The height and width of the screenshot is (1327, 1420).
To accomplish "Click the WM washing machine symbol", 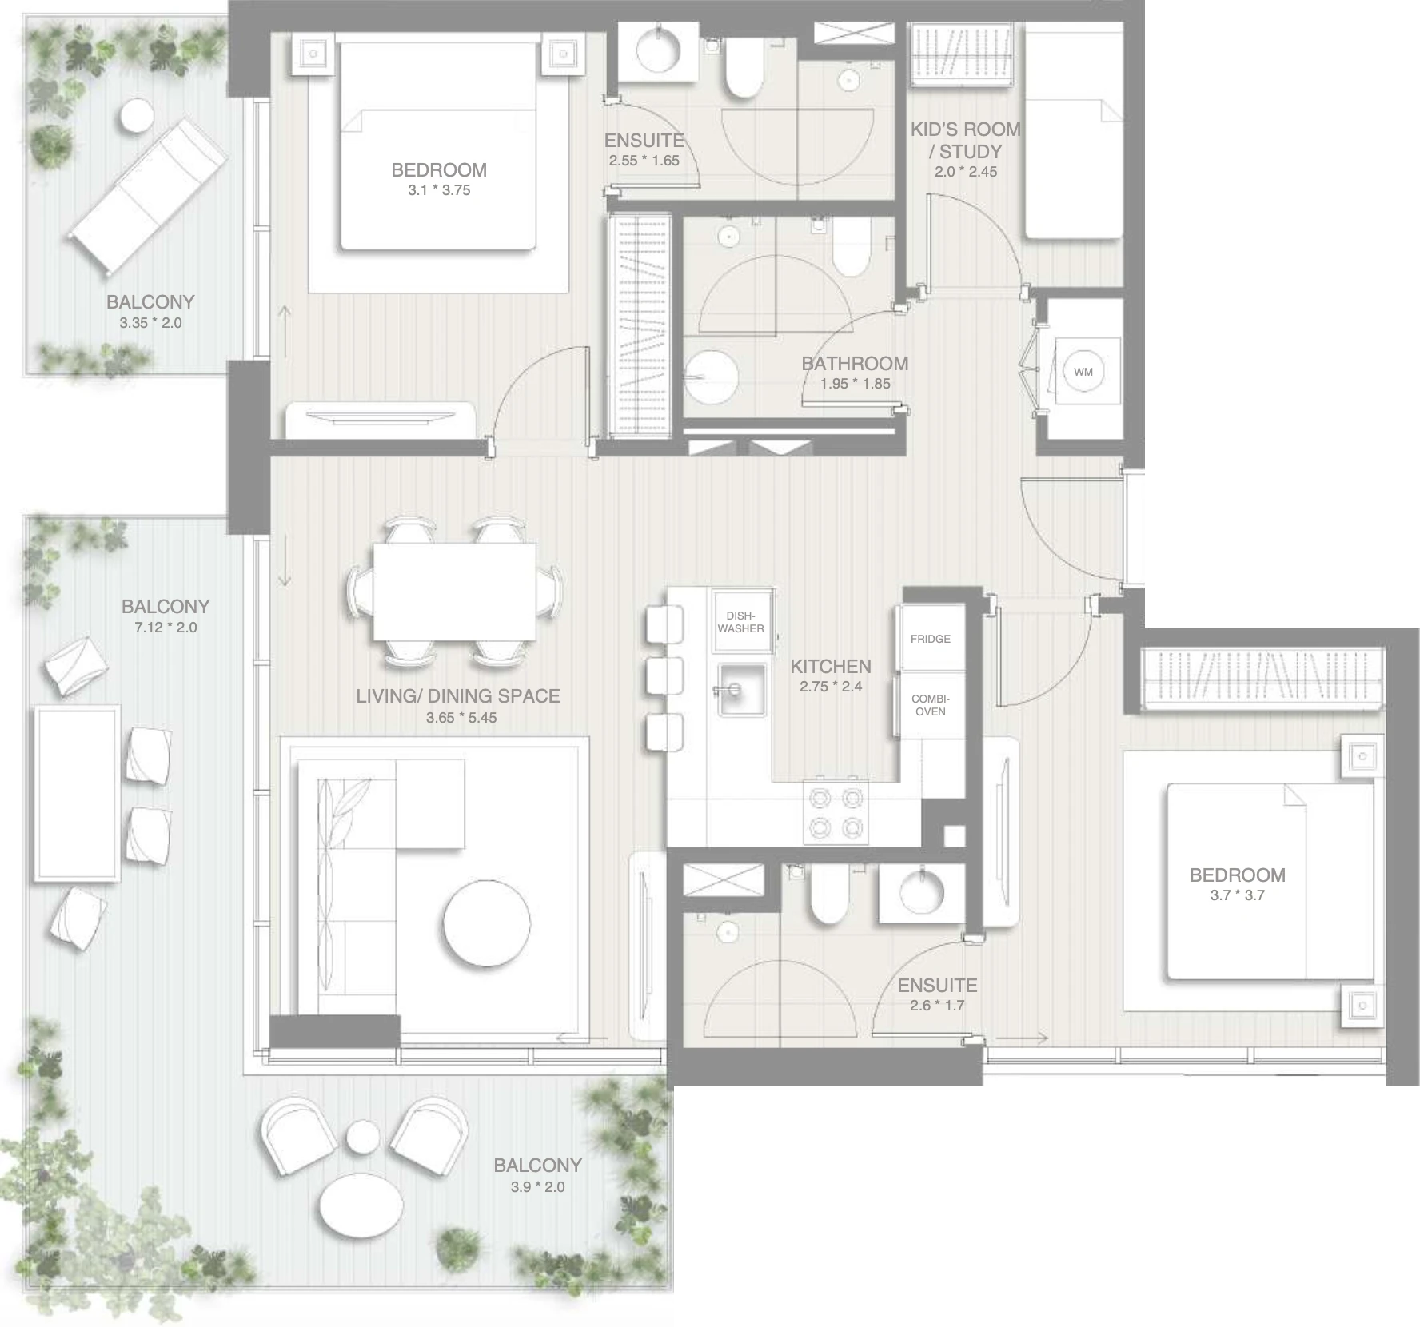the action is point(1083,372).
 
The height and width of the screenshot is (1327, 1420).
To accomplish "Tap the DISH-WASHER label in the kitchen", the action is point(740,622).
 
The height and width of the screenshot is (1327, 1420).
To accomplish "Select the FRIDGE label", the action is point(930,639).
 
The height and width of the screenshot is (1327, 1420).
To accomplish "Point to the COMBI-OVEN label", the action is point(931,705).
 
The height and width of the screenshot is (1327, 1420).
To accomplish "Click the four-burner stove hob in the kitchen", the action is point(836,811).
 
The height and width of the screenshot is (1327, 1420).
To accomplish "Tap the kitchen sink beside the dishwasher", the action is point(741,689).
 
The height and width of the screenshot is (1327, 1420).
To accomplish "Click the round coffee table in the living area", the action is point(487,923).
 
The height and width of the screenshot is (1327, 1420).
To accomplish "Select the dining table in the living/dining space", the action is point(454,592).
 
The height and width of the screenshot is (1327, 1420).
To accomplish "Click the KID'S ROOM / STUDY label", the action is point(966,140).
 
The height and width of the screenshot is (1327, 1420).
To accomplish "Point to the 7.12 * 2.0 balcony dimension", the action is point(166,628).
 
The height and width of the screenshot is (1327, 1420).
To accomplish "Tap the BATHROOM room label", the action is point(855,363).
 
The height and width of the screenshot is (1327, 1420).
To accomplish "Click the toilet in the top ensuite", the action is point(743,69).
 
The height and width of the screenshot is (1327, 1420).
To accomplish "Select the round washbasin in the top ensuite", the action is point(658,50).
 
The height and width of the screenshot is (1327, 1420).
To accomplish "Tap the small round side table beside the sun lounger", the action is point(137,117).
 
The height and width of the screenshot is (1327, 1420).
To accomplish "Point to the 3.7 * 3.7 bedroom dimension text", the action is point(1237,895).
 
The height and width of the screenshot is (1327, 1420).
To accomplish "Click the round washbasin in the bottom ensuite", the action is point(922,892).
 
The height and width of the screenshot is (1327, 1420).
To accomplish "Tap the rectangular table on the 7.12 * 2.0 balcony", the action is point(77,795).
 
